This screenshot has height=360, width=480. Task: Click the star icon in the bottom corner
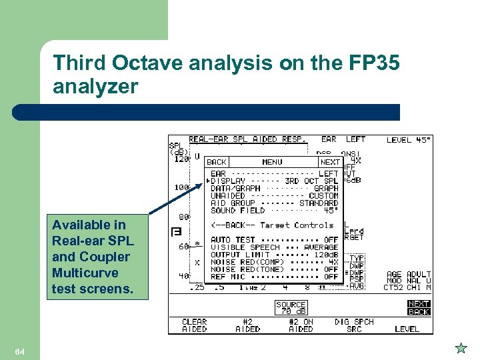461,348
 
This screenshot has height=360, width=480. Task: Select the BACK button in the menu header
217,162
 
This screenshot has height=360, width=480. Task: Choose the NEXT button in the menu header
329,162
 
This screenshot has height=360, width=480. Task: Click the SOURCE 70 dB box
291,308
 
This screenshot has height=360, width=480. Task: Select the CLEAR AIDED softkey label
195,325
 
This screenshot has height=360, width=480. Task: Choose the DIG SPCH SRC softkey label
355,325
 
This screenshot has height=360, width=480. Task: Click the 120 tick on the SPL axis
181,159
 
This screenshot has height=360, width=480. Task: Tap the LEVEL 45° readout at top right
409,140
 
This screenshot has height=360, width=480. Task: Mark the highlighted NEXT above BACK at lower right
419,304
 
